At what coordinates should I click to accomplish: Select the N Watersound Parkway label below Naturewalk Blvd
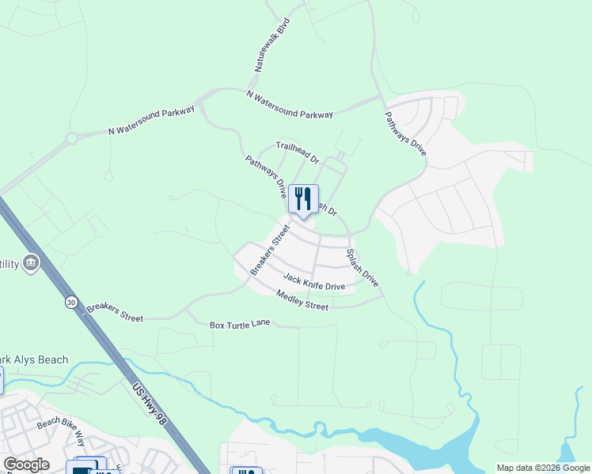click(x=290, y=105)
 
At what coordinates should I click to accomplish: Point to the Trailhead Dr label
click(x=297, y=152)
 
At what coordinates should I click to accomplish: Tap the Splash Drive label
click(x=362, y=268)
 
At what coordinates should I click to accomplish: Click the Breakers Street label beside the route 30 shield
click(x=115, y=311)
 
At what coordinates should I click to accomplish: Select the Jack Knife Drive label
click(x=314, y=282)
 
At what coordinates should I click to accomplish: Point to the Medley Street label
click(x=302, y=300)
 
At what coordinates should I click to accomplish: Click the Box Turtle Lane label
click(x=240, y=325)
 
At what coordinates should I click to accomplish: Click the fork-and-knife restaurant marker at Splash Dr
click(x=303, y=200)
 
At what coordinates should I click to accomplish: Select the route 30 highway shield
click(x=71, y=302)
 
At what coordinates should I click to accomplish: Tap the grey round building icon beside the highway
click(x=31, y=262)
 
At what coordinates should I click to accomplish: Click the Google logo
click(x=26, y=465)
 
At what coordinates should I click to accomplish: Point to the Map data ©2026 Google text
click(x=543, y=468)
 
